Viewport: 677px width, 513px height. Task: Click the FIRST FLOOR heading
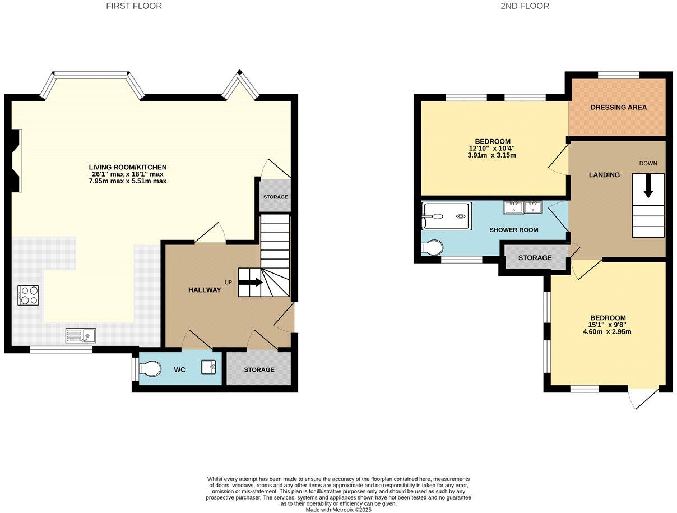tap(134, 6)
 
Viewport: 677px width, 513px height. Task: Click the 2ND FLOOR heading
tap(525, 6)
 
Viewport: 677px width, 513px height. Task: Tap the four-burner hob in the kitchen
tap(28, 295)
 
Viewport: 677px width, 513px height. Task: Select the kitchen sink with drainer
tap(81, 335)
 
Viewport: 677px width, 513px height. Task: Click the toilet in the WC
tap(150, 368)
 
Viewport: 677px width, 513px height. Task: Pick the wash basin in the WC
tap(208, 367)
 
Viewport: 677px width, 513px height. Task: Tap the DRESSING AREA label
tap(618, 107)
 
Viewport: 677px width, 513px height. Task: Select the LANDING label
tap(604, 175)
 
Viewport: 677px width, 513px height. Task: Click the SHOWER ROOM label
tap(513, 230)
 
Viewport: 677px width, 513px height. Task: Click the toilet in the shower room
tap(433, 247)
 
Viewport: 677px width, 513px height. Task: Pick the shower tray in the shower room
tap(445, 215)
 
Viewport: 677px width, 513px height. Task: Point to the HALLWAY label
tap(204, 290)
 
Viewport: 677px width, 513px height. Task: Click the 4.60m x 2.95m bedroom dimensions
tap(608, 331)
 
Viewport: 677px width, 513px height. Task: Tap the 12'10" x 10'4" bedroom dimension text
tap(492, 148)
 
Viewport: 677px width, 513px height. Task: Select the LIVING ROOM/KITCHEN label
tap(128, 167)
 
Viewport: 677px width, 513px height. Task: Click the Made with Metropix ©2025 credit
tap(338, 510)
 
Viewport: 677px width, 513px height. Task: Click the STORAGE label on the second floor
tap(535, 258)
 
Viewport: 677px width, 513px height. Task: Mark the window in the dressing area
tap(618, 75)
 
